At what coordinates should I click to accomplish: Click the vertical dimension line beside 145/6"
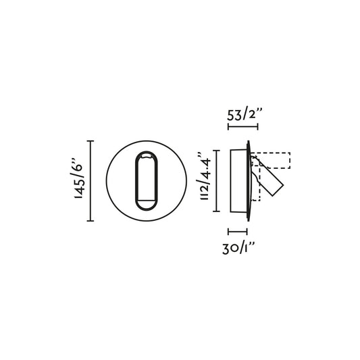pyautogui.click(x=92, y=180)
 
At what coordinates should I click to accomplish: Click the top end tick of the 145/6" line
pyautogui.click(x=92, y=140)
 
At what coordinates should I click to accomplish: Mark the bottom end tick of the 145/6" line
pyautogui.click(x=92, y=220)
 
